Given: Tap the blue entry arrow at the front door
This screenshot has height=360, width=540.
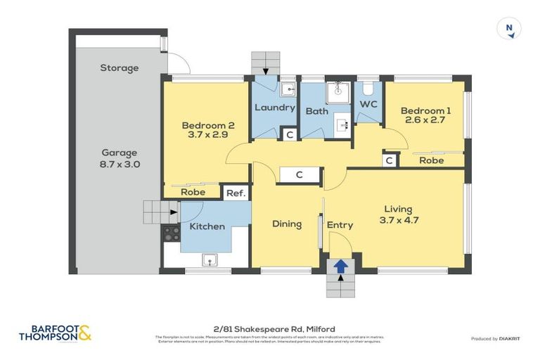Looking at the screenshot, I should tap(340, 266).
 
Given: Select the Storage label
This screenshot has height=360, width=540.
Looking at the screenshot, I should tap(119, 68).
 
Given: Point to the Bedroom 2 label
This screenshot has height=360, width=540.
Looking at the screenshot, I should tap(206, 131).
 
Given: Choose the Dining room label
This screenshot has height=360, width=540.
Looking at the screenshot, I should tap(287, 224).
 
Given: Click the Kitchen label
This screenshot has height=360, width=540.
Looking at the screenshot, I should tap(207, 226).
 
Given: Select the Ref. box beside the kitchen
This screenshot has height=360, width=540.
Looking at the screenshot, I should tap(233, 193).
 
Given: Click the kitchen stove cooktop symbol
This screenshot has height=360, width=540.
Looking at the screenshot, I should tap(172, 234).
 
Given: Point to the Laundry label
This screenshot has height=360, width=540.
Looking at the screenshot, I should tap(274, 108).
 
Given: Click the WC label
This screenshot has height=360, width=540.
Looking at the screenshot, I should tap(369, 104).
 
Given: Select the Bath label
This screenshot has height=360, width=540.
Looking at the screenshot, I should tap(316, 111).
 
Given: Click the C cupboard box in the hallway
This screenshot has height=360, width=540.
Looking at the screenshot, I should tap(299, 175).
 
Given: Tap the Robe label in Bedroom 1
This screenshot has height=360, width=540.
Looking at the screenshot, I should tap(430, 160).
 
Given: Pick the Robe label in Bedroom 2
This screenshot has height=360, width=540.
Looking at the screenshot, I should tap(193, 192).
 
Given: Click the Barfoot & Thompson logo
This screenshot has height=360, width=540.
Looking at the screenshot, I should tap(55, 332).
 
